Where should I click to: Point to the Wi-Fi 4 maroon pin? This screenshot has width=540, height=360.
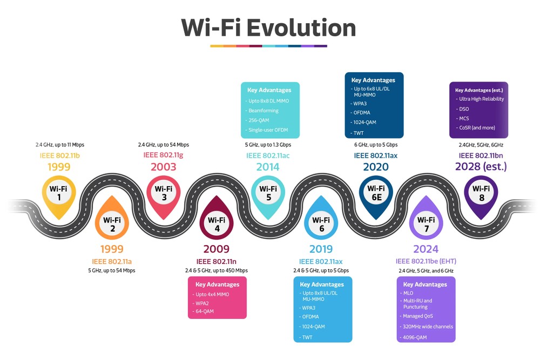tap(217, 224)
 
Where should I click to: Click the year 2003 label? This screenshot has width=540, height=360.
tap(163, 167)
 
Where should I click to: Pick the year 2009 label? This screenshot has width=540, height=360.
tap(216, 249)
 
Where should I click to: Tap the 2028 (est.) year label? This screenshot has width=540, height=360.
tap(481, 167)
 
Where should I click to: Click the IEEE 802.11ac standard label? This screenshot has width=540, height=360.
tap(268, 155)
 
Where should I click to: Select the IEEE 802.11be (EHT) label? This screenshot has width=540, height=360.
tap(426, 261)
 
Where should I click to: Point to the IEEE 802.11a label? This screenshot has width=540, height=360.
tap(112, 261)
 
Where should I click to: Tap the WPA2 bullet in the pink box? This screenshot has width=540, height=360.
tap(203, 303)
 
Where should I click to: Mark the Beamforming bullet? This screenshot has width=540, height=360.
tap(264, 111)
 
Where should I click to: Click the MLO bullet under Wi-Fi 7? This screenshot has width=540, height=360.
tap(409, 293)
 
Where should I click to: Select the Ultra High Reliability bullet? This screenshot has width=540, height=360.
tap(481, 99)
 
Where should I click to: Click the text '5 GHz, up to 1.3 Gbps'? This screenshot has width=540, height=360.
tap(268, 145)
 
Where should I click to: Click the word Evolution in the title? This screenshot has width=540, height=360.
tap(301, 28)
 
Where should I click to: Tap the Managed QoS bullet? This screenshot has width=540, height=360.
tap(418, 316)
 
